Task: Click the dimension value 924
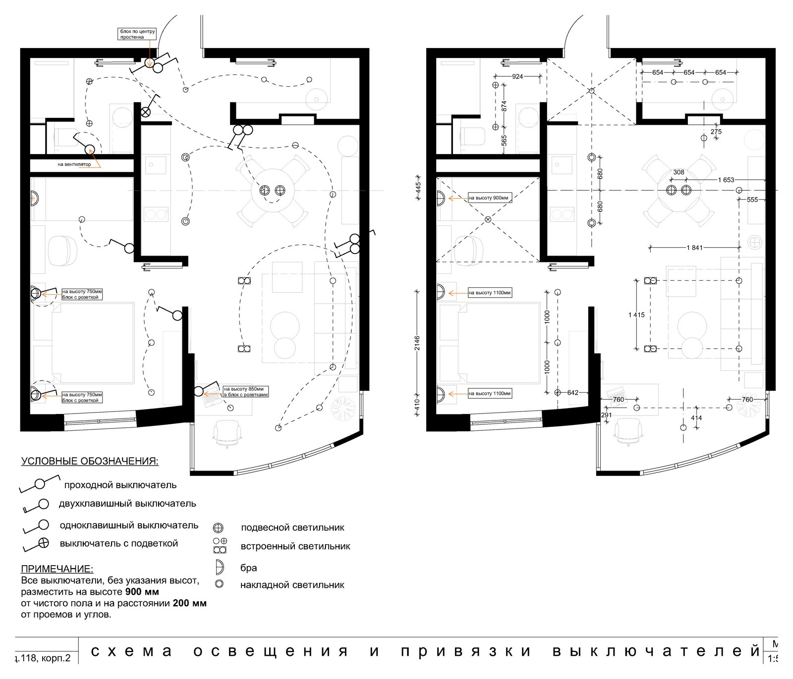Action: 517,77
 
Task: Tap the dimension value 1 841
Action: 694,248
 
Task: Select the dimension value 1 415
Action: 636,315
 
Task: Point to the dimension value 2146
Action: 417,344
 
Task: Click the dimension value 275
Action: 716,132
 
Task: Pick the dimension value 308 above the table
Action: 679,172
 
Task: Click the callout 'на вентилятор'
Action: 74,164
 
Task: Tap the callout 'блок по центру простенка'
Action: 137,34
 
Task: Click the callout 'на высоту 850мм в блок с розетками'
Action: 246,392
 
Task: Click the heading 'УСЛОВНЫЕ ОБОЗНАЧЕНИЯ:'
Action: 90,462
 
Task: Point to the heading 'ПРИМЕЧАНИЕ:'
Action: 57,569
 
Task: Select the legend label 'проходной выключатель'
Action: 120,485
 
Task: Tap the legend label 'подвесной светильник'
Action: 292,527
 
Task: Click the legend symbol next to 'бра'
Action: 219,567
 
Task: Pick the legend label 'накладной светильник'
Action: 292,585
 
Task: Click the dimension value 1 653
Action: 726,180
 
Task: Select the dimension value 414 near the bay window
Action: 696,418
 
